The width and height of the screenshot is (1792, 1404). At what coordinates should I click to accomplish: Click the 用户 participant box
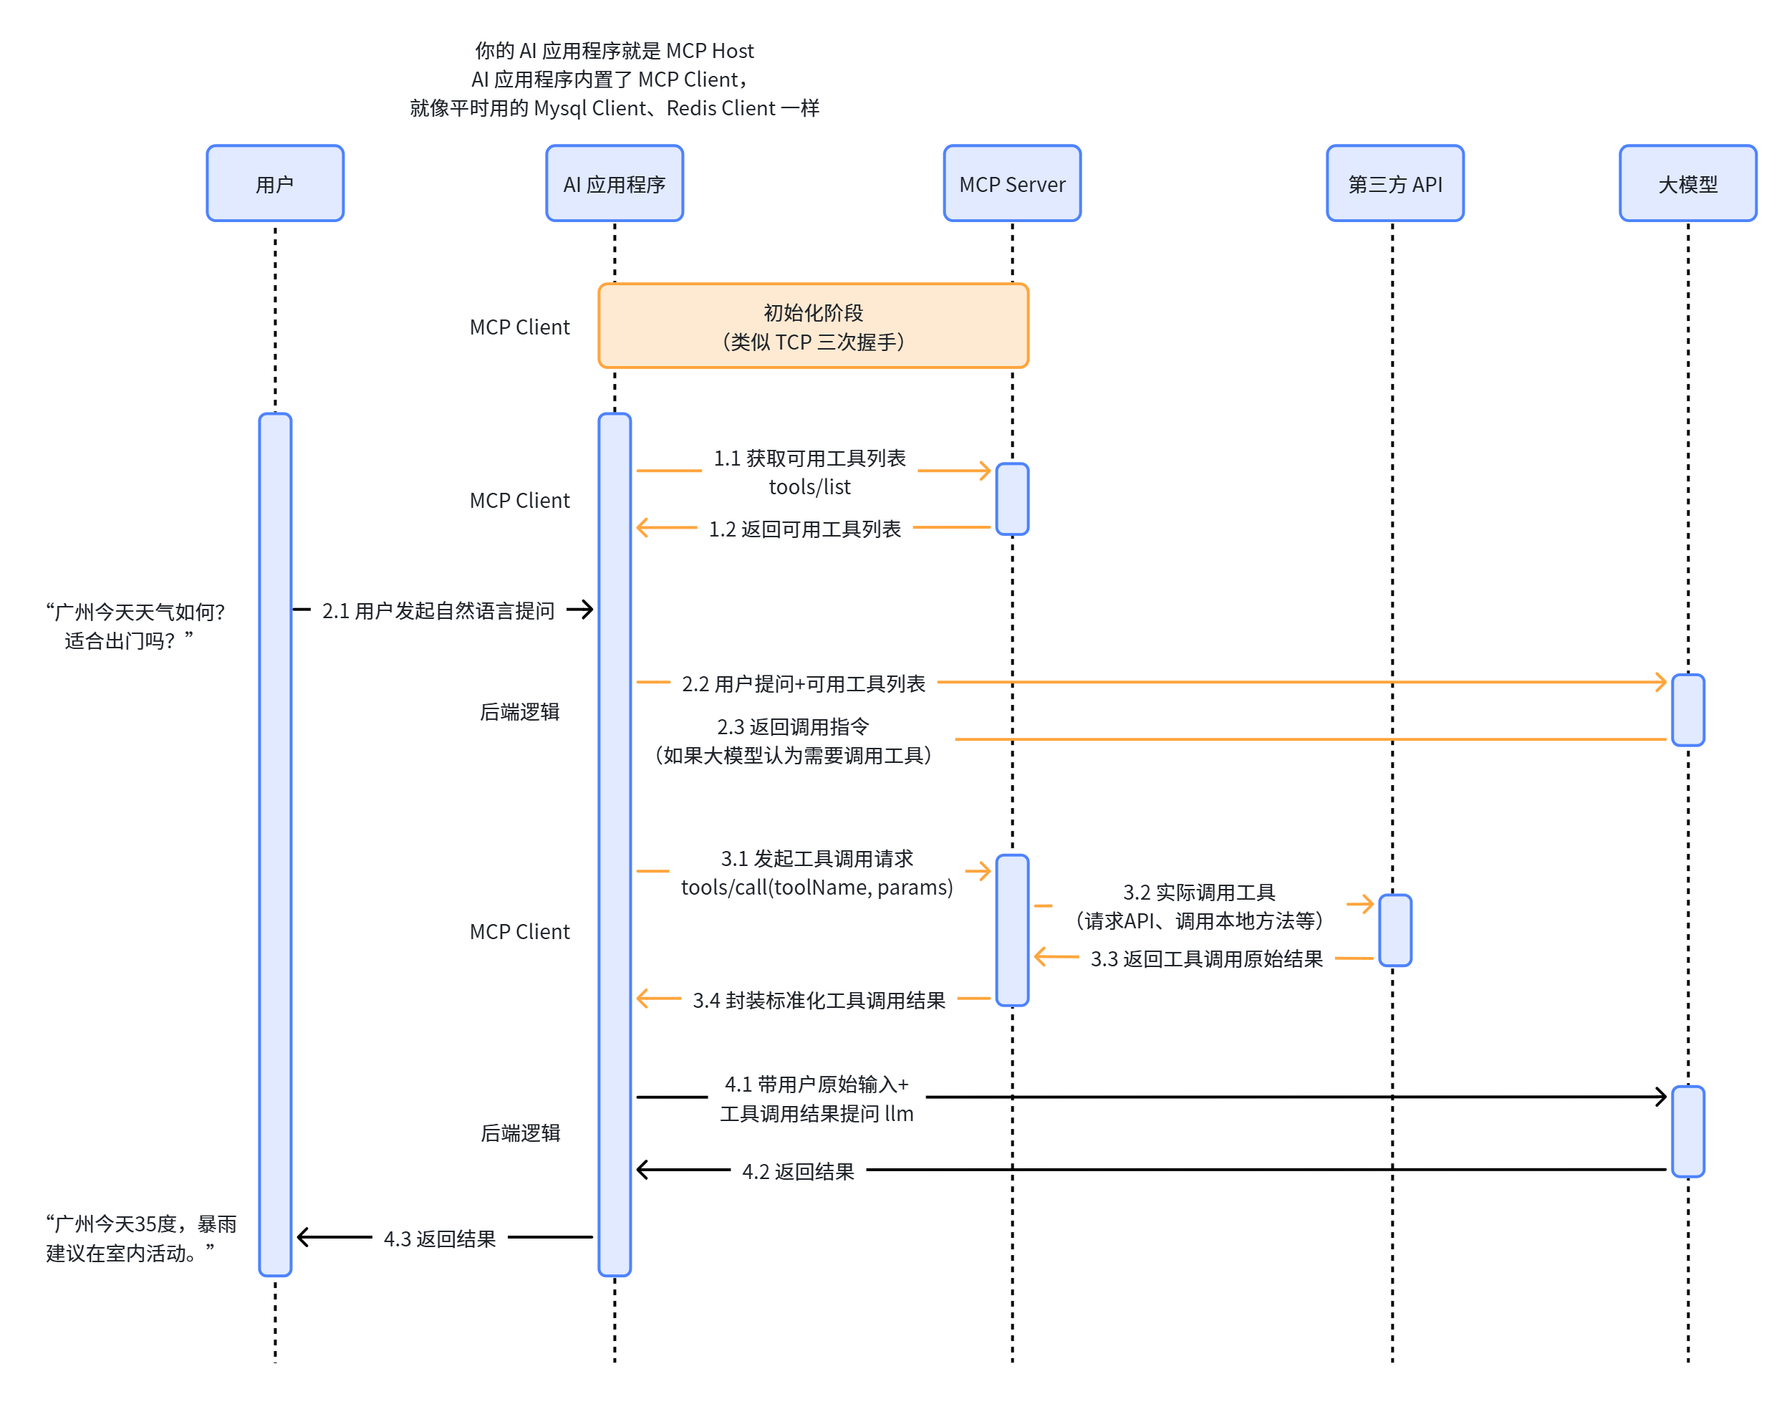tap(274, 183)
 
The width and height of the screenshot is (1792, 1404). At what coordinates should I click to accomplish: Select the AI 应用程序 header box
tap(614, 183)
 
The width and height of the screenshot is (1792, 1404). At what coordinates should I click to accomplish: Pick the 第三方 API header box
tap(1394, 183)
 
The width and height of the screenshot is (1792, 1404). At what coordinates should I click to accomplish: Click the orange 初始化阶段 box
tap(812, 325)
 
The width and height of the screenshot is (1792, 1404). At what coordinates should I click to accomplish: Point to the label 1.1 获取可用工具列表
tap(809, 458)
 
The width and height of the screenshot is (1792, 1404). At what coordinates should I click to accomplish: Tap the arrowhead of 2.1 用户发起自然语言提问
tap(585, 609)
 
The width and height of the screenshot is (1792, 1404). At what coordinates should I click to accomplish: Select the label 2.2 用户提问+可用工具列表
tap(802, 683)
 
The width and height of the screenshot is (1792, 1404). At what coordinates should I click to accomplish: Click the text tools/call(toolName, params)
tap(816, 888)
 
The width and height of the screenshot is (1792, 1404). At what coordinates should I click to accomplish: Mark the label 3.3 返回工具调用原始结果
tap(1206, 958)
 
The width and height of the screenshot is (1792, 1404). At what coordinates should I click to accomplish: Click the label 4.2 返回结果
tap(797, 1170)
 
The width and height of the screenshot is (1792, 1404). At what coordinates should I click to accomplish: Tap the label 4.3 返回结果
tap(439, 1238)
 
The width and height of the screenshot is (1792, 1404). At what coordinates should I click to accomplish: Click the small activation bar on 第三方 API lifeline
tap(1394, 930)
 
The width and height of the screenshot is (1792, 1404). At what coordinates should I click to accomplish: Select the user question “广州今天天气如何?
tap(135, 612)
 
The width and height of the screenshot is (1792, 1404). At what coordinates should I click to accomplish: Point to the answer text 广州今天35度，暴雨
tap(141, 1223)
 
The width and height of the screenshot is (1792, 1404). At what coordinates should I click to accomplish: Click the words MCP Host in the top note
tap(708, 51)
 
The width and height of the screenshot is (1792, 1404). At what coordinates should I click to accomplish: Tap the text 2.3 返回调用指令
tap(792, 726)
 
